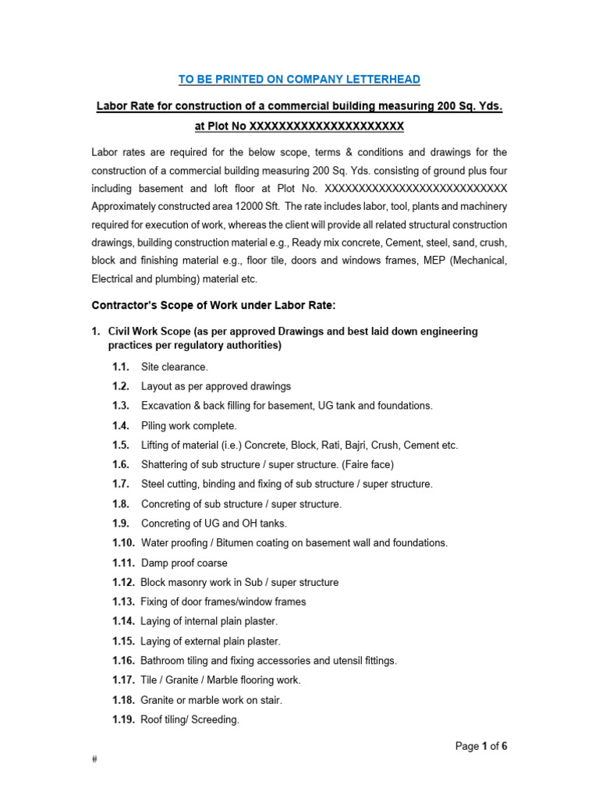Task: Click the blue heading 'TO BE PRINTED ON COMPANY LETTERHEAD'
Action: pos(299,80)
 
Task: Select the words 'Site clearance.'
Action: pos(175,367)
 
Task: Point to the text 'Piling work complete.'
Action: pos(189,425)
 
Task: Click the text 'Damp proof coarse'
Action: pos(184,563)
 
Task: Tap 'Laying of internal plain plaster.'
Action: pos(209,621)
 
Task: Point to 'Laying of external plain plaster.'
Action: pos(211,641)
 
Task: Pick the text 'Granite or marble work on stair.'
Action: pos(211,700)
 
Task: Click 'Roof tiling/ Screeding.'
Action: pos(190,719)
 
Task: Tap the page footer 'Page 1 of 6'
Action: pos(481,747)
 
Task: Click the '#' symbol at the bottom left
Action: pos(94,760)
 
